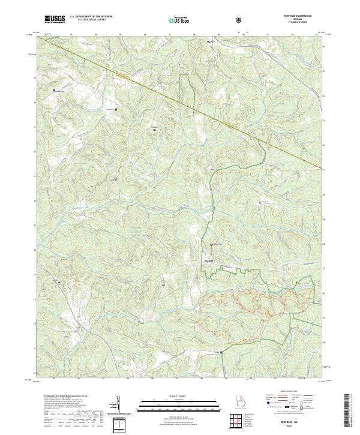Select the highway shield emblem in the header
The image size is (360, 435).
[239, 20]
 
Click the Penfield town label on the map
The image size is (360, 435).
[206, 260]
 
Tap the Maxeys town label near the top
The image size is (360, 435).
[210, 43]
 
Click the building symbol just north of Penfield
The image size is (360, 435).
[211, 245]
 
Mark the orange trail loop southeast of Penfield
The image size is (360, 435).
[240, 305]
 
